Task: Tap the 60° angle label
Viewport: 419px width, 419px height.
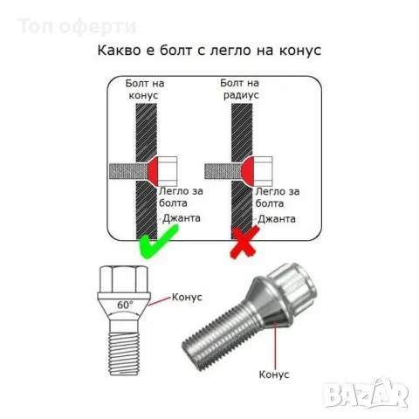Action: tap(126, 305)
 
